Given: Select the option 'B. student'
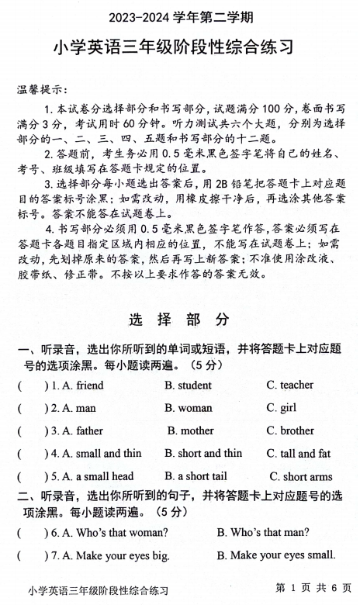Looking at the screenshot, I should click(188, 385).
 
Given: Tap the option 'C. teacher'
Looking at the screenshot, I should click(290, 385).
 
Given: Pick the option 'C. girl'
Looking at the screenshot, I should click(282, 407).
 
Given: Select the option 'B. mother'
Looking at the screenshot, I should click(191, 430).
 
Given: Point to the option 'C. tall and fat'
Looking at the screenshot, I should click(299, 453).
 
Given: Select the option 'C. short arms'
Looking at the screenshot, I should click(301, 477).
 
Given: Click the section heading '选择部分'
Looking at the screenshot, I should click(179, 319).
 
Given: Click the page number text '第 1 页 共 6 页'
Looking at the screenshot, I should click(313, 589).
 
